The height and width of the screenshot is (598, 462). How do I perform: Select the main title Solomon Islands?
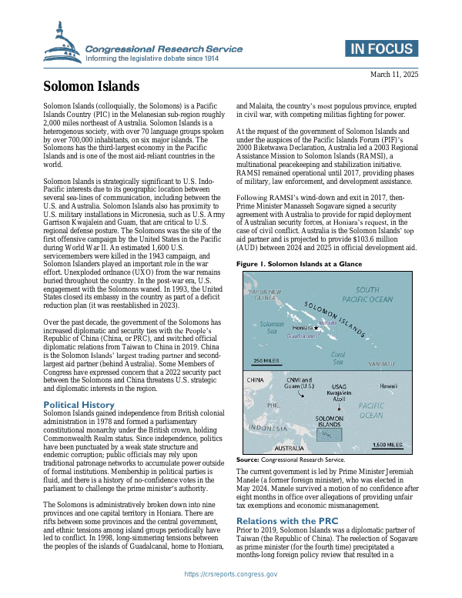click(91, 86)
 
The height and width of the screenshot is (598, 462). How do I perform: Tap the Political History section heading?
click(79, 405)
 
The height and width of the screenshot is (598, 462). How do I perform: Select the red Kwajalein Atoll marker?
click(339, 401)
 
